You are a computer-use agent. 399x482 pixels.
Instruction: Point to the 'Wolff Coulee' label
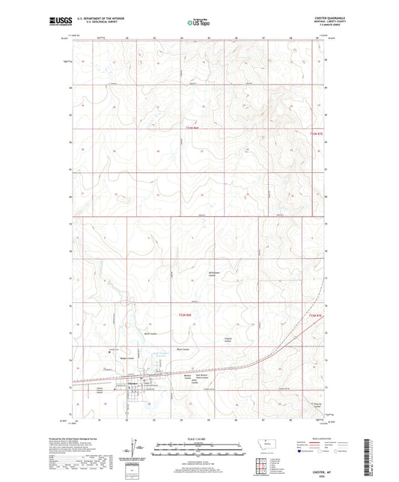point(150,334)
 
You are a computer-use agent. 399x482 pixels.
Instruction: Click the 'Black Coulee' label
point(183,350)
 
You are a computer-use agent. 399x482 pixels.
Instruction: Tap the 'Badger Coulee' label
point(116,359)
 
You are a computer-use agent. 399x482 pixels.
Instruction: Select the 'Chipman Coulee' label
point(231,341)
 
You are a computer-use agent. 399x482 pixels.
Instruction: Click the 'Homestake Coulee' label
point(216,275)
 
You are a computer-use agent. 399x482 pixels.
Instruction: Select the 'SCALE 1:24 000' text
point(198,438)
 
